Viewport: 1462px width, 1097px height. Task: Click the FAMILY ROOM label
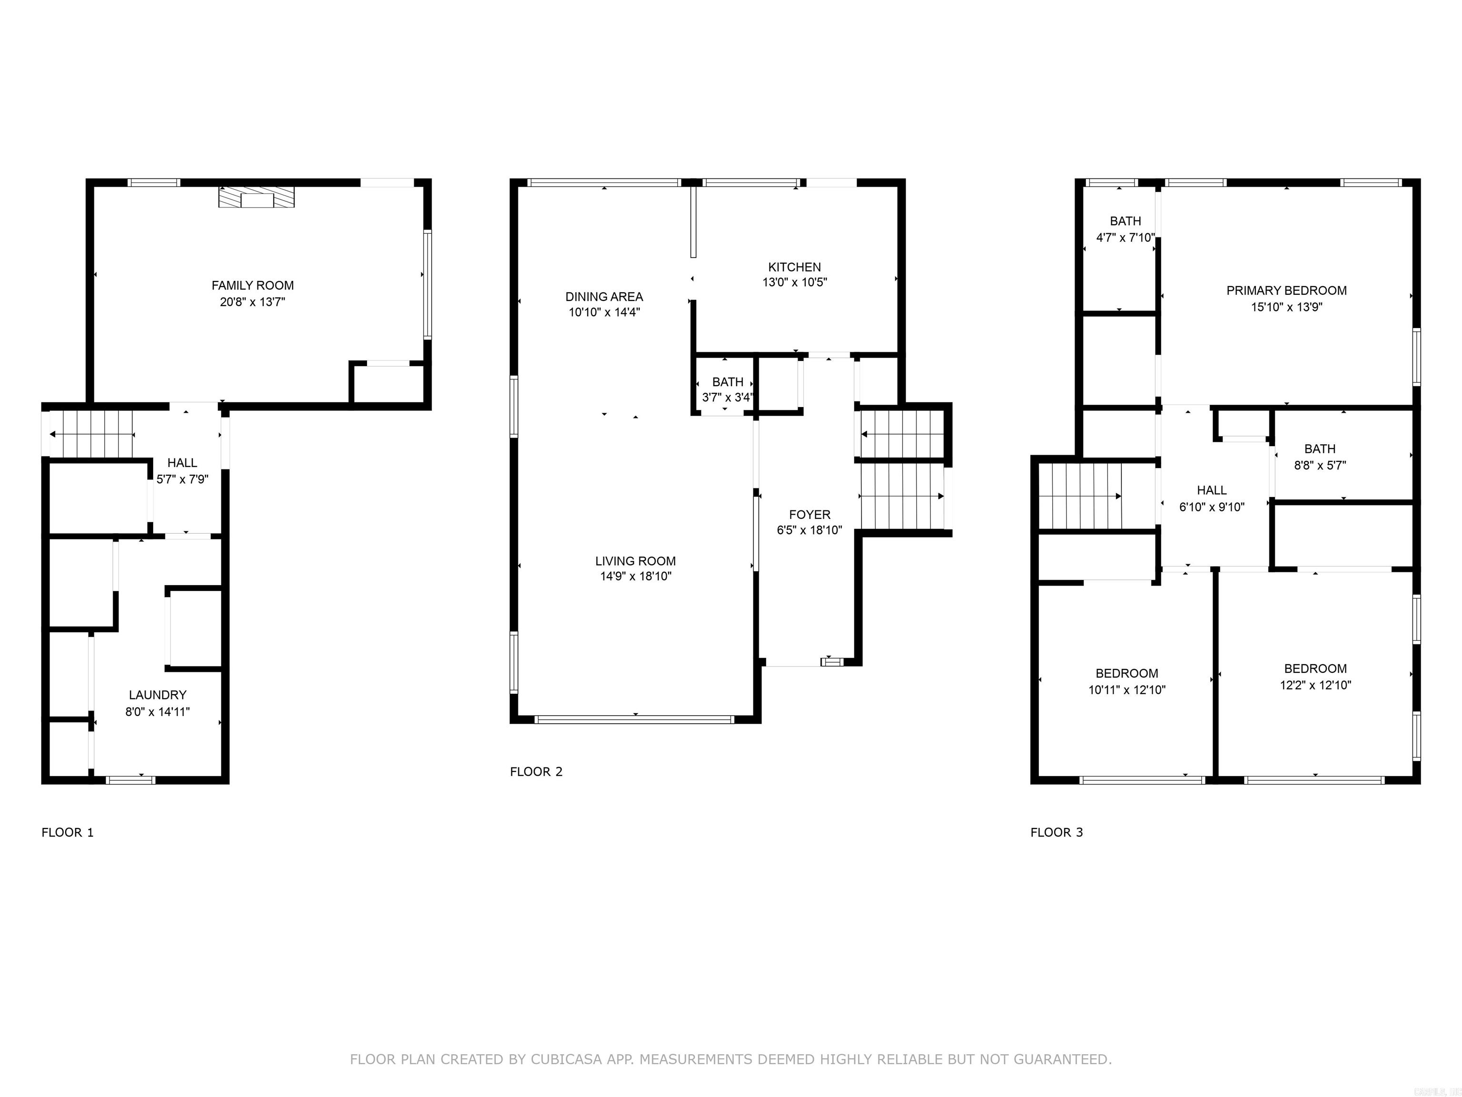tap(253, 286)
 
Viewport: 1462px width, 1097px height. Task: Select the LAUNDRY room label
tap(158, 695)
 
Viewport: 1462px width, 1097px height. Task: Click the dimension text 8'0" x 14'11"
tap(158, 711)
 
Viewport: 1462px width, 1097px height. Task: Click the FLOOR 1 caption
tap(68, 832)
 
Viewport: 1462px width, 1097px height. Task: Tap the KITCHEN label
tap(794, 267)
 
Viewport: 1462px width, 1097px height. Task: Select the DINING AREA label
tap(604, 297)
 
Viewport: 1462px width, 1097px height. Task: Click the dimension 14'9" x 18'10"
tap(635, 577)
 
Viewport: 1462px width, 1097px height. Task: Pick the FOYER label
tap(810, 514)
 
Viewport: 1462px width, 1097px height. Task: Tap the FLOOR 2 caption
tap(536, 772)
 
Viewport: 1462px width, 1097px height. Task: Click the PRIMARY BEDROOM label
tap(1286, 290)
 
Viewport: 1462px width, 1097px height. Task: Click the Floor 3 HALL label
tap(1212, 490)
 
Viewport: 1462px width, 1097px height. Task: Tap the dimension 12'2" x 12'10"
tap(1315, 686)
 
